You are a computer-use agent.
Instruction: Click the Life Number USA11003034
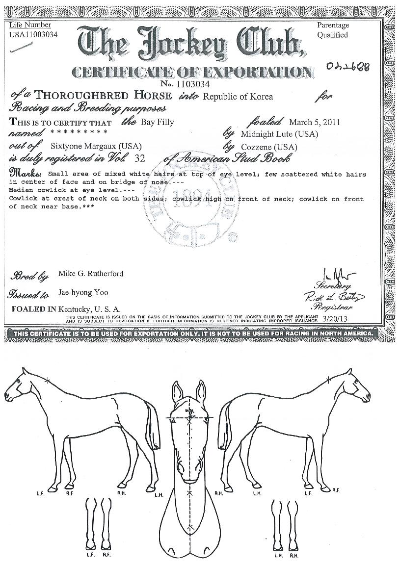[x=33, y=34]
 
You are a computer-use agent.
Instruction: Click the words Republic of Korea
[x=238, y=97]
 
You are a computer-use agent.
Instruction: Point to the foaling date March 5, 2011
[x=314, y=122]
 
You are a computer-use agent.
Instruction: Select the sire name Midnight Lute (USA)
[x=280, y=134]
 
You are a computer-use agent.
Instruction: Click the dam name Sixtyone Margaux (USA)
[x=96, y=146]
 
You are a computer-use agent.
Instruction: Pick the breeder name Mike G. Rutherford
[x=90, y=273]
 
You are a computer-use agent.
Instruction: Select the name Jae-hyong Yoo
[x=82, y=293]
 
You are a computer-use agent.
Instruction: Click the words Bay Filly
[x=157, y=122]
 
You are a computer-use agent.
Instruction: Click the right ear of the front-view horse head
[x=201, y=391]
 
